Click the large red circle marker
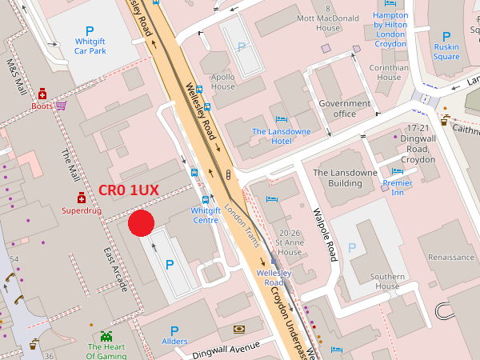(141, 223)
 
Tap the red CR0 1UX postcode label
(128, 190)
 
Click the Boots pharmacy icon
(42, 94)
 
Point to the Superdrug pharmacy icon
(81, 198)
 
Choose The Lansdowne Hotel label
(271, 136)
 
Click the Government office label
(344, 108)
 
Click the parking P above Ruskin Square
(446, 36)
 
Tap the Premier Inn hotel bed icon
(398, 170)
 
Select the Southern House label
(386, 281)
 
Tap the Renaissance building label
(451, 258)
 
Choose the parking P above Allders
(174, 330)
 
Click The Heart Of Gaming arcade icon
(106, 335)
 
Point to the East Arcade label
(115, 267)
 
